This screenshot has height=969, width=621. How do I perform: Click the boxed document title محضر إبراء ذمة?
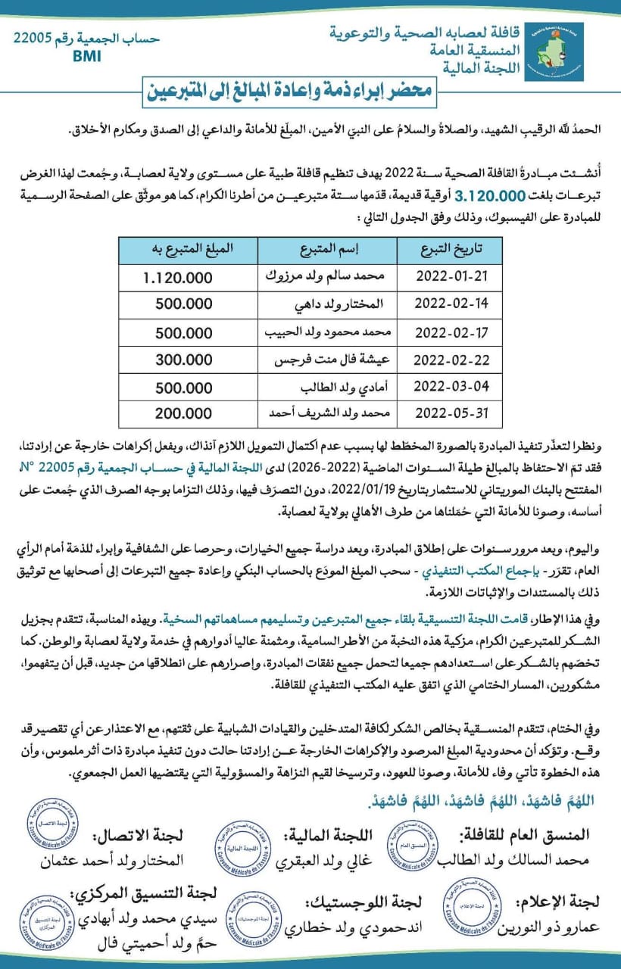point(309,92)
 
